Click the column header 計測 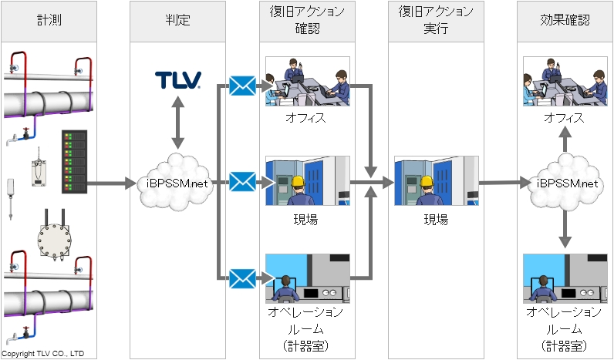click(x=48, y=21)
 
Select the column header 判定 click(x=179, y=21)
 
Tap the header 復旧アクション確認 click(x=307, y=21)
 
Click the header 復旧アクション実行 click(x=436, y=21)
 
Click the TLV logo click(x=178, y=79)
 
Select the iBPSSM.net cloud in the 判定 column click(x=178, y=183)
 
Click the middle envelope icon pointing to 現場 click(x=242, y=183)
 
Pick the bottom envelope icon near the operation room click(x=242, y=277)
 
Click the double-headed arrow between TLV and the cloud click(x=178, y=123)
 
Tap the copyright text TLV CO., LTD click(x=42, y=354)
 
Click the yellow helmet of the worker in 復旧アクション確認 click(x=298, y=183)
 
